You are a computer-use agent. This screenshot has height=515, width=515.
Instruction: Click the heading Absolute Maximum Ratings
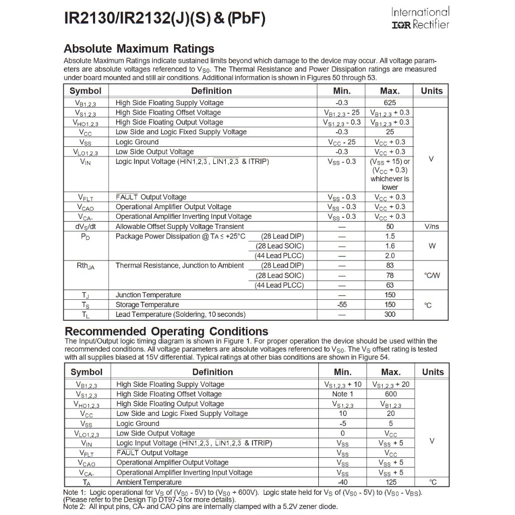[x=139, y=49]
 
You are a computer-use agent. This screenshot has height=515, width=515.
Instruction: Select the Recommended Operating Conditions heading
[x=166, y=331]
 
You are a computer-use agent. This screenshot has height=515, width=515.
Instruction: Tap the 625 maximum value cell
[x=390, y=103]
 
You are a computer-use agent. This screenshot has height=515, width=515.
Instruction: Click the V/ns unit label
[x=432, y=226]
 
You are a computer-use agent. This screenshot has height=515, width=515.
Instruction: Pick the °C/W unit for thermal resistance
[x=432, y=275]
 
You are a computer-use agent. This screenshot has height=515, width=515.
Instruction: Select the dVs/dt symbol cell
[x=85, y=226]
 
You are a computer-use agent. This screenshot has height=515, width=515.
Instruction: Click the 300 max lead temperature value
[x=390, y=314]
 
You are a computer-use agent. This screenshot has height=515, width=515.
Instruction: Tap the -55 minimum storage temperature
[x=341, y=305]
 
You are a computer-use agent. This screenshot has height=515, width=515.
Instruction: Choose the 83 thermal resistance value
[x=390, y=266]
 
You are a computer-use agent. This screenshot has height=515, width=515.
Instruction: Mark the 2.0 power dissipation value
[x=390, y=255]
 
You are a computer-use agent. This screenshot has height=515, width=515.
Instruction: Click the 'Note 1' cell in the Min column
[x=342, y=394]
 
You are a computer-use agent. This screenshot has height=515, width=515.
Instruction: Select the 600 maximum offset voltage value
[x=391, y=394]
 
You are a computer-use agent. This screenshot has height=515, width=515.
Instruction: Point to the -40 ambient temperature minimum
[x=342, y=482]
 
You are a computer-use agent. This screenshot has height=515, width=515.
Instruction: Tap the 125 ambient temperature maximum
[x=391, y=482]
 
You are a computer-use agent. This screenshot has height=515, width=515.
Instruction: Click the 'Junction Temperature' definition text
[x=148, y=295]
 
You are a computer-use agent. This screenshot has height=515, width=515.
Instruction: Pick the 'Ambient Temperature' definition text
[x=149, y=482]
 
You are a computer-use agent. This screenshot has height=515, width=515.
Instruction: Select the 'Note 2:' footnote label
[x=75, y=506]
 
